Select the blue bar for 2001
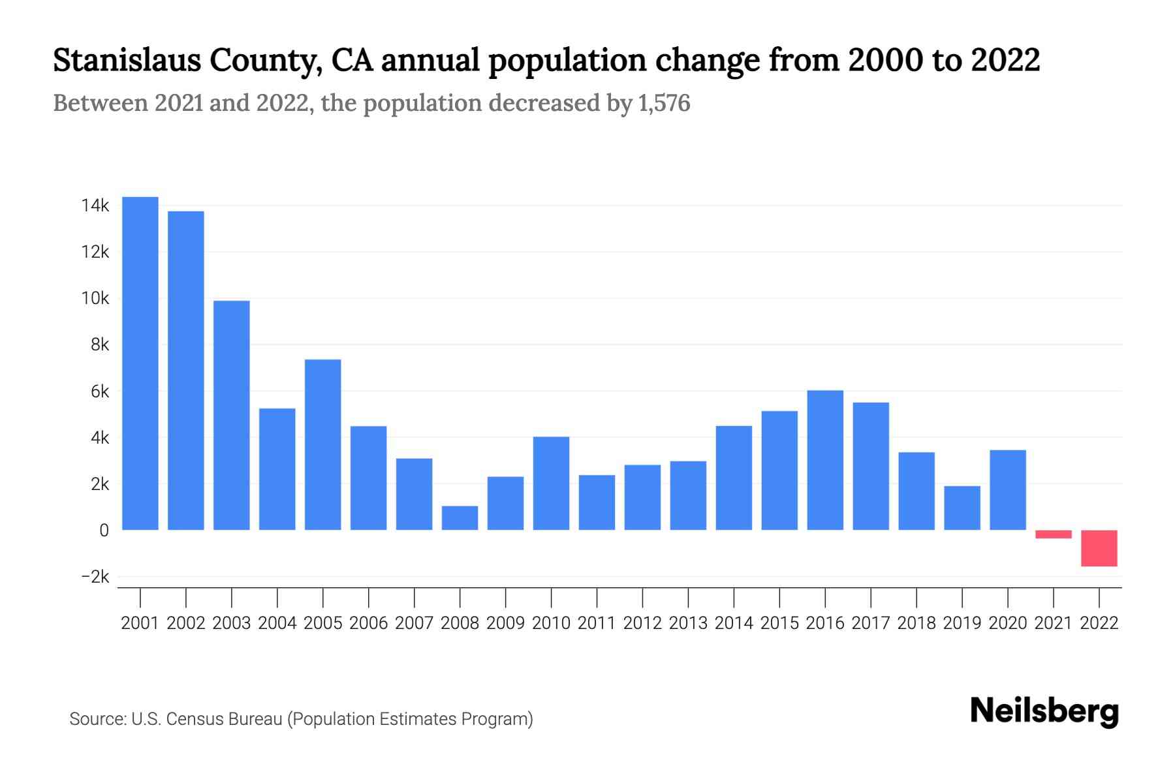pyautogui.click(x=140, y=363)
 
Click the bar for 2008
pyautogui.click(x=460, y=518)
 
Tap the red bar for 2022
pyautogui.click(x=1099, y=548)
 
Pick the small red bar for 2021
pyautogui.click(x=1053, y=534)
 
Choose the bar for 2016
pyautogui.click(x=825, y=460)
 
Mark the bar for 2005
pyautogui.click(x=322, y=444)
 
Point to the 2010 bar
pyautogui.click(x=551, y=483)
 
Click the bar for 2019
pyautogui.click(x=962, y=508)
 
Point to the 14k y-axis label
pyautogui.click(x=95, y=206)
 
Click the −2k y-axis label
pyautogui.click(x=95, y=577)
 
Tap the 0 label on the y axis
pyautogui.click(x=104, y=530)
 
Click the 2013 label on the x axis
pyautogui.click(x=688, y=623)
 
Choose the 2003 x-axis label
pyautogui.click(x=232, y=623)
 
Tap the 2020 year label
pyautogui.click(x=1007, y=623)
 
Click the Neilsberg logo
pyautogui.click(x=1044, y=711)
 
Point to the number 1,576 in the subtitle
pyautogui.click(x=664, y=103)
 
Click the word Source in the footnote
pyautogui.click(x=97, y=719)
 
